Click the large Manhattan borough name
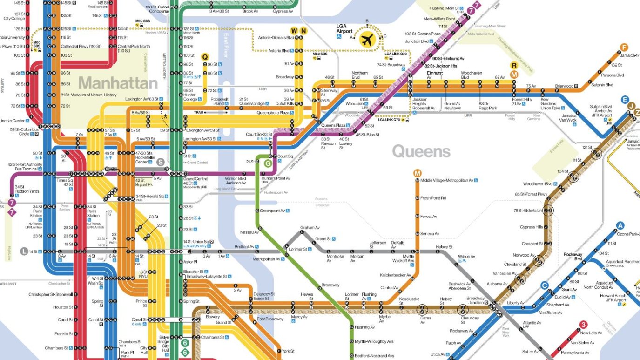pyautogui.click(x=118, y=83)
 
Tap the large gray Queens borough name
pyautogui.click(x=421, y=151)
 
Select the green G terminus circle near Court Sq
pyautogui.click(x=268, y=163)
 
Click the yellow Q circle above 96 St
pyautogui.click(x=205, y=57)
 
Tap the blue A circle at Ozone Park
pyautogui.click(x=620, y=226)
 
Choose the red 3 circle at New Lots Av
pyautogui.click(x=583, y=325)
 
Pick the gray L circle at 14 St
pyautogui.click(x=24, y=251)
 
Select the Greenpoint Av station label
pyautogui.click(x=273, y=211)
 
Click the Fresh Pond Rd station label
pyautogui.click(x=433, y=198)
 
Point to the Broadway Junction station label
pyautogui.click(x=475, y=300)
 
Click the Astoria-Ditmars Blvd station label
pyautogui.click(x=277, y=37)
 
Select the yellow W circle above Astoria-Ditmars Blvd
pyautogui.click(x=294, y=31)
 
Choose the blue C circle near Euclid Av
pyautogui.click(x=544, y=285)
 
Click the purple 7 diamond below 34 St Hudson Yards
pyautogui.click(x=12, y=212)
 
